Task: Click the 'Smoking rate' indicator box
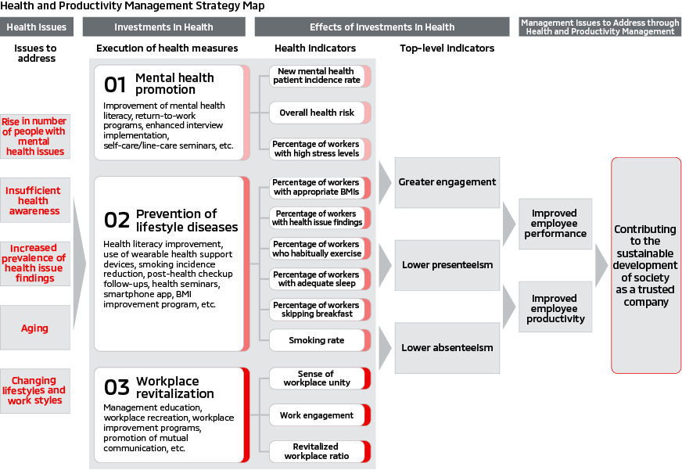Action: pyautogui.click(x=317, y=341)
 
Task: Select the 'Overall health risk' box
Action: pyautogui.click(x=317, y=113)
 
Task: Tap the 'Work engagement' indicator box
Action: pyautogui.click(x=317, y=415)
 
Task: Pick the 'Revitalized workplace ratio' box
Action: pyautogui.click(x=317, y=451)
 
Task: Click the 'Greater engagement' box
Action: pyautogui.click(x=447, y=182)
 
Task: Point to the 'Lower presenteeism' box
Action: pyautogui.click(x=447, y=265)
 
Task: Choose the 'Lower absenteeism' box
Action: pyautogui.click(x=447, y=348)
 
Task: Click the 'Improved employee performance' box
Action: pyautogui.click(x=555, y=224)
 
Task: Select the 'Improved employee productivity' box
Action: pyautogui.click(x=555, y=309)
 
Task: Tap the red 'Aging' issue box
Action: pyautogui.click(x=34, y=328)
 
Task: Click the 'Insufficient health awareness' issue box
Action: pyautogui.click(x=34, y=201)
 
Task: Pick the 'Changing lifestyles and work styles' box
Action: pyautogui.click(x=34, y=391)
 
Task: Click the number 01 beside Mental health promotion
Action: pyautogui.click(x=115, y=84)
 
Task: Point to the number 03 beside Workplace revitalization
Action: pyautogui.click(x=116, y=386)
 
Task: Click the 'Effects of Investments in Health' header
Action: pyautogui.click(x=382, y=27)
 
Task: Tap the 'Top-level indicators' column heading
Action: pyautogui.click(x=447, y=48)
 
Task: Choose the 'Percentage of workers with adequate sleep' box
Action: pyautogui.click(x=317, y=279)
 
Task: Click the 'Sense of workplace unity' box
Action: pyautogui.click(x=317, y=379)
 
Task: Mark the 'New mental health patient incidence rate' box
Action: pyautogui.click(x=317, y=76)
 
